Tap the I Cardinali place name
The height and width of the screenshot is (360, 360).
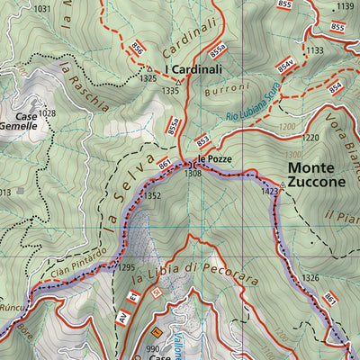pos(193,68)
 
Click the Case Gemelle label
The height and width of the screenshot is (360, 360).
pos(19,121)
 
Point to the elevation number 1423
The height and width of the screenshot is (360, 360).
pos(269,191)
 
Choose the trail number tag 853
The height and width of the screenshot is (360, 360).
pos(202,139)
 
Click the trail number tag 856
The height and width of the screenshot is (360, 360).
pos(137,49)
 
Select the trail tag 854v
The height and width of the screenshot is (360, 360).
pos(285,67)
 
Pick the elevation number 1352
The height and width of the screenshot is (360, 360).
pos(152,195)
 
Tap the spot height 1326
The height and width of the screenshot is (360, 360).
pos(310,278)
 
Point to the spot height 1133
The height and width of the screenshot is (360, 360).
pos(314,51)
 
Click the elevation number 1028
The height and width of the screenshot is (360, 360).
pos(48,113)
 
